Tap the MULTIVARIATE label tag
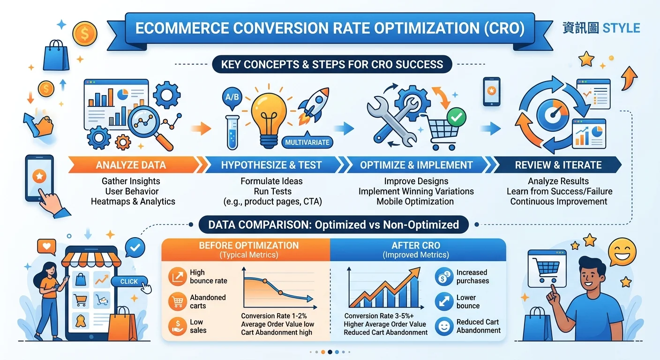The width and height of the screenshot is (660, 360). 307,142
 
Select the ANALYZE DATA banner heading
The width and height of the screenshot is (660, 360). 131,165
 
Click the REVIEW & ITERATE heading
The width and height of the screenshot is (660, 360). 558,165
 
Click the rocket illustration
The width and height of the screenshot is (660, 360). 314,105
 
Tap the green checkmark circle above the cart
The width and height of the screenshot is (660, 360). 457,117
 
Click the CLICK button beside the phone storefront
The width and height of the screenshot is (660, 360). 129,281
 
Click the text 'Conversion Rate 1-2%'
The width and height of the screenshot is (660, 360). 274,316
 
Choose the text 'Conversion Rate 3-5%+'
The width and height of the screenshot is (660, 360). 379,316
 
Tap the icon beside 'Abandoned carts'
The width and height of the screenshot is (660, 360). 177,301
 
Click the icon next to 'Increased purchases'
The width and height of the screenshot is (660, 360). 444,277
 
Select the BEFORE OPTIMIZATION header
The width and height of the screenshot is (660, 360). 249,246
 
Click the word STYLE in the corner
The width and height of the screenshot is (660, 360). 621,28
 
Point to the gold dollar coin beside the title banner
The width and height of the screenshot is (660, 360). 85,33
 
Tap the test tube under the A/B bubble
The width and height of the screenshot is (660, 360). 232,132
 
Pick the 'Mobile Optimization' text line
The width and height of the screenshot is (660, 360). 415,202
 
